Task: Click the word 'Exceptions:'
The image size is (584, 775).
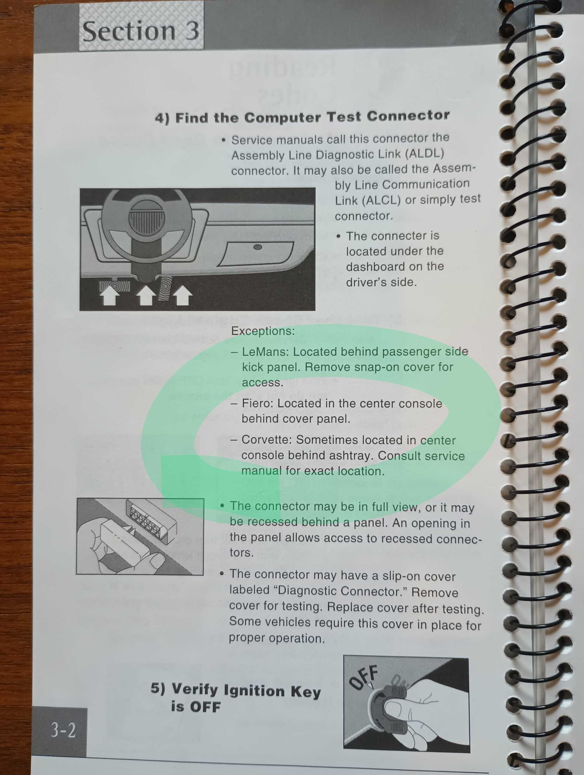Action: pyautogui.click(x=263, y=331)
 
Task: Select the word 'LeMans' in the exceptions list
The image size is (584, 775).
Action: pyautogui.click(x=265, y=351)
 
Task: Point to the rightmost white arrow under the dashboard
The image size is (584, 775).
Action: pyautogui.click(x=182, y=296)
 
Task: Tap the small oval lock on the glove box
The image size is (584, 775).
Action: pyautogui.click(x=258, y=247)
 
